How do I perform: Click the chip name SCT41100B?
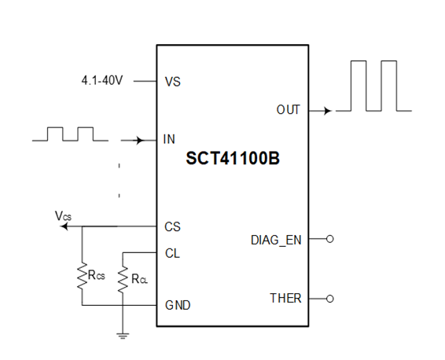coord(233,159)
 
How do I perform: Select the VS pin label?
coord(172,81)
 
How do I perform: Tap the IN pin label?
coord(169,140)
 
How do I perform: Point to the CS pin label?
coord(172,226)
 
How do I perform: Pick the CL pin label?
coord(172,253)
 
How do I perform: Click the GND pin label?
coord(177,304)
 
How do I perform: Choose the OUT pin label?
coord(288,110)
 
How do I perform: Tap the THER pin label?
coord(285,299)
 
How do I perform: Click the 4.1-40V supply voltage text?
coord(104,81)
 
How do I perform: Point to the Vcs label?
coord(63,215)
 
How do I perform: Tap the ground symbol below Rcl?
coord(122,336)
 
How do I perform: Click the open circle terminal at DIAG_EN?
coord(329,239)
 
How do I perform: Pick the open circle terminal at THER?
coord(329,299)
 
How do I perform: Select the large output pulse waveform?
coord(373,86)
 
